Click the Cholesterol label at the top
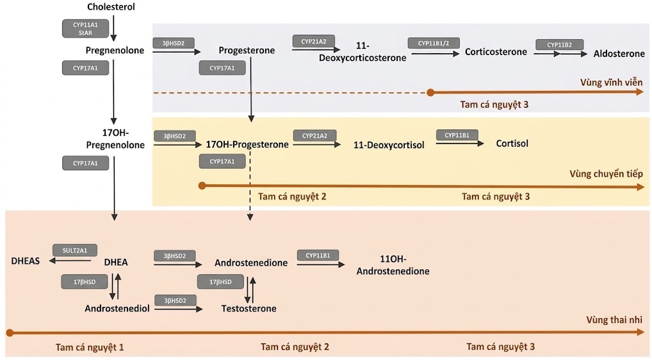[111, 7]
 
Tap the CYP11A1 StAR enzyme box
[86, 28]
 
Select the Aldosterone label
[618, 53]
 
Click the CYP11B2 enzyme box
[559, 44]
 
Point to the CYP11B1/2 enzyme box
[432, 44]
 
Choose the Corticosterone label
[496, 52]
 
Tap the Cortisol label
[512, 143]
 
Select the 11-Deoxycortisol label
[389, 145]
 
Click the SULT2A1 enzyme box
[75, 249]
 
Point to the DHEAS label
[26, 261]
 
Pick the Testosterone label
[249, 309]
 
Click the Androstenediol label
[117, 309]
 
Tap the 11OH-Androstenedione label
[393, 265]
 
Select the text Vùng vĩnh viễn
[611, 83]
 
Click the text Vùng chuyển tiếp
[605, 174]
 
